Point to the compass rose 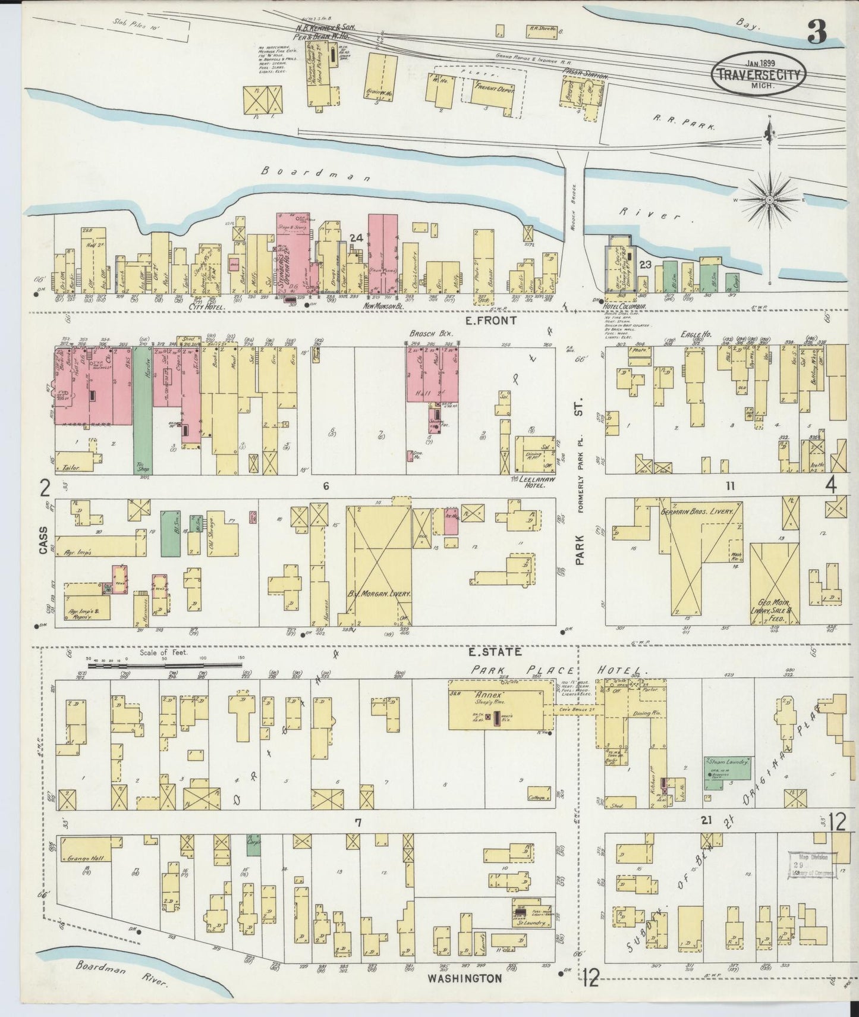click(771, 200)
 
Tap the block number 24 click(355, 238)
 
